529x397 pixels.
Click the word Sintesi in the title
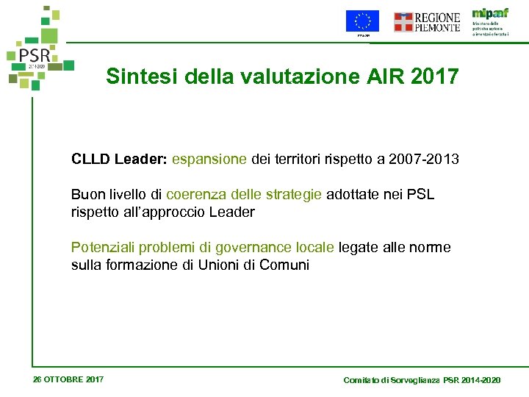click(132, 76)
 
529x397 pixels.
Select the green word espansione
click(209, 158)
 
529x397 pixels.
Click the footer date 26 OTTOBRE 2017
click(68, 379)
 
